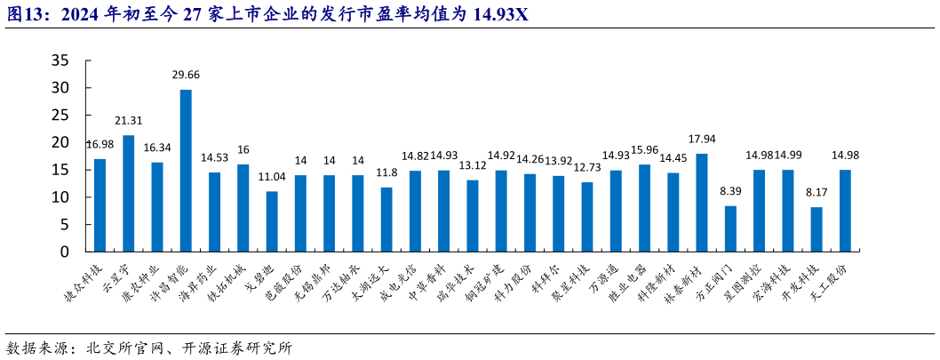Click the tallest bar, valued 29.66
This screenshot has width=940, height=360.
(x=186, y=171)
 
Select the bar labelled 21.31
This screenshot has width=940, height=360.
(x=129, y=194)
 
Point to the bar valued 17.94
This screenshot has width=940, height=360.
(x=702, y=203)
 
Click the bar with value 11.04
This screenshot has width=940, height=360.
(x=272, y=221)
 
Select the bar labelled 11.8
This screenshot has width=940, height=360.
(x=386, y=220)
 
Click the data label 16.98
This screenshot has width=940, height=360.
(x=100, y=144)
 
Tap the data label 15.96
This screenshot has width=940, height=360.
(x=644, y=149)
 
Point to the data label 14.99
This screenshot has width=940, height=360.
(x=787, y=155)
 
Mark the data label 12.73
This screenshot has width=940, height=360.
(x=587, y=167)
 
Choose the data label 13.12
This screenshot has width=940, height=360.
(x=473, y=165)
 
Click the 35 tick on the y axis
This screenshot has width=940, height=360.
(x=60, y=60)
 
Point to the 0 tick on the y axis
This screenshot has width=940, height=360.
(x=64, y=252)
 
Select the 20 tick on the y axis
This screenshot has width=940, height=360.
(x=60, y=142)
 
